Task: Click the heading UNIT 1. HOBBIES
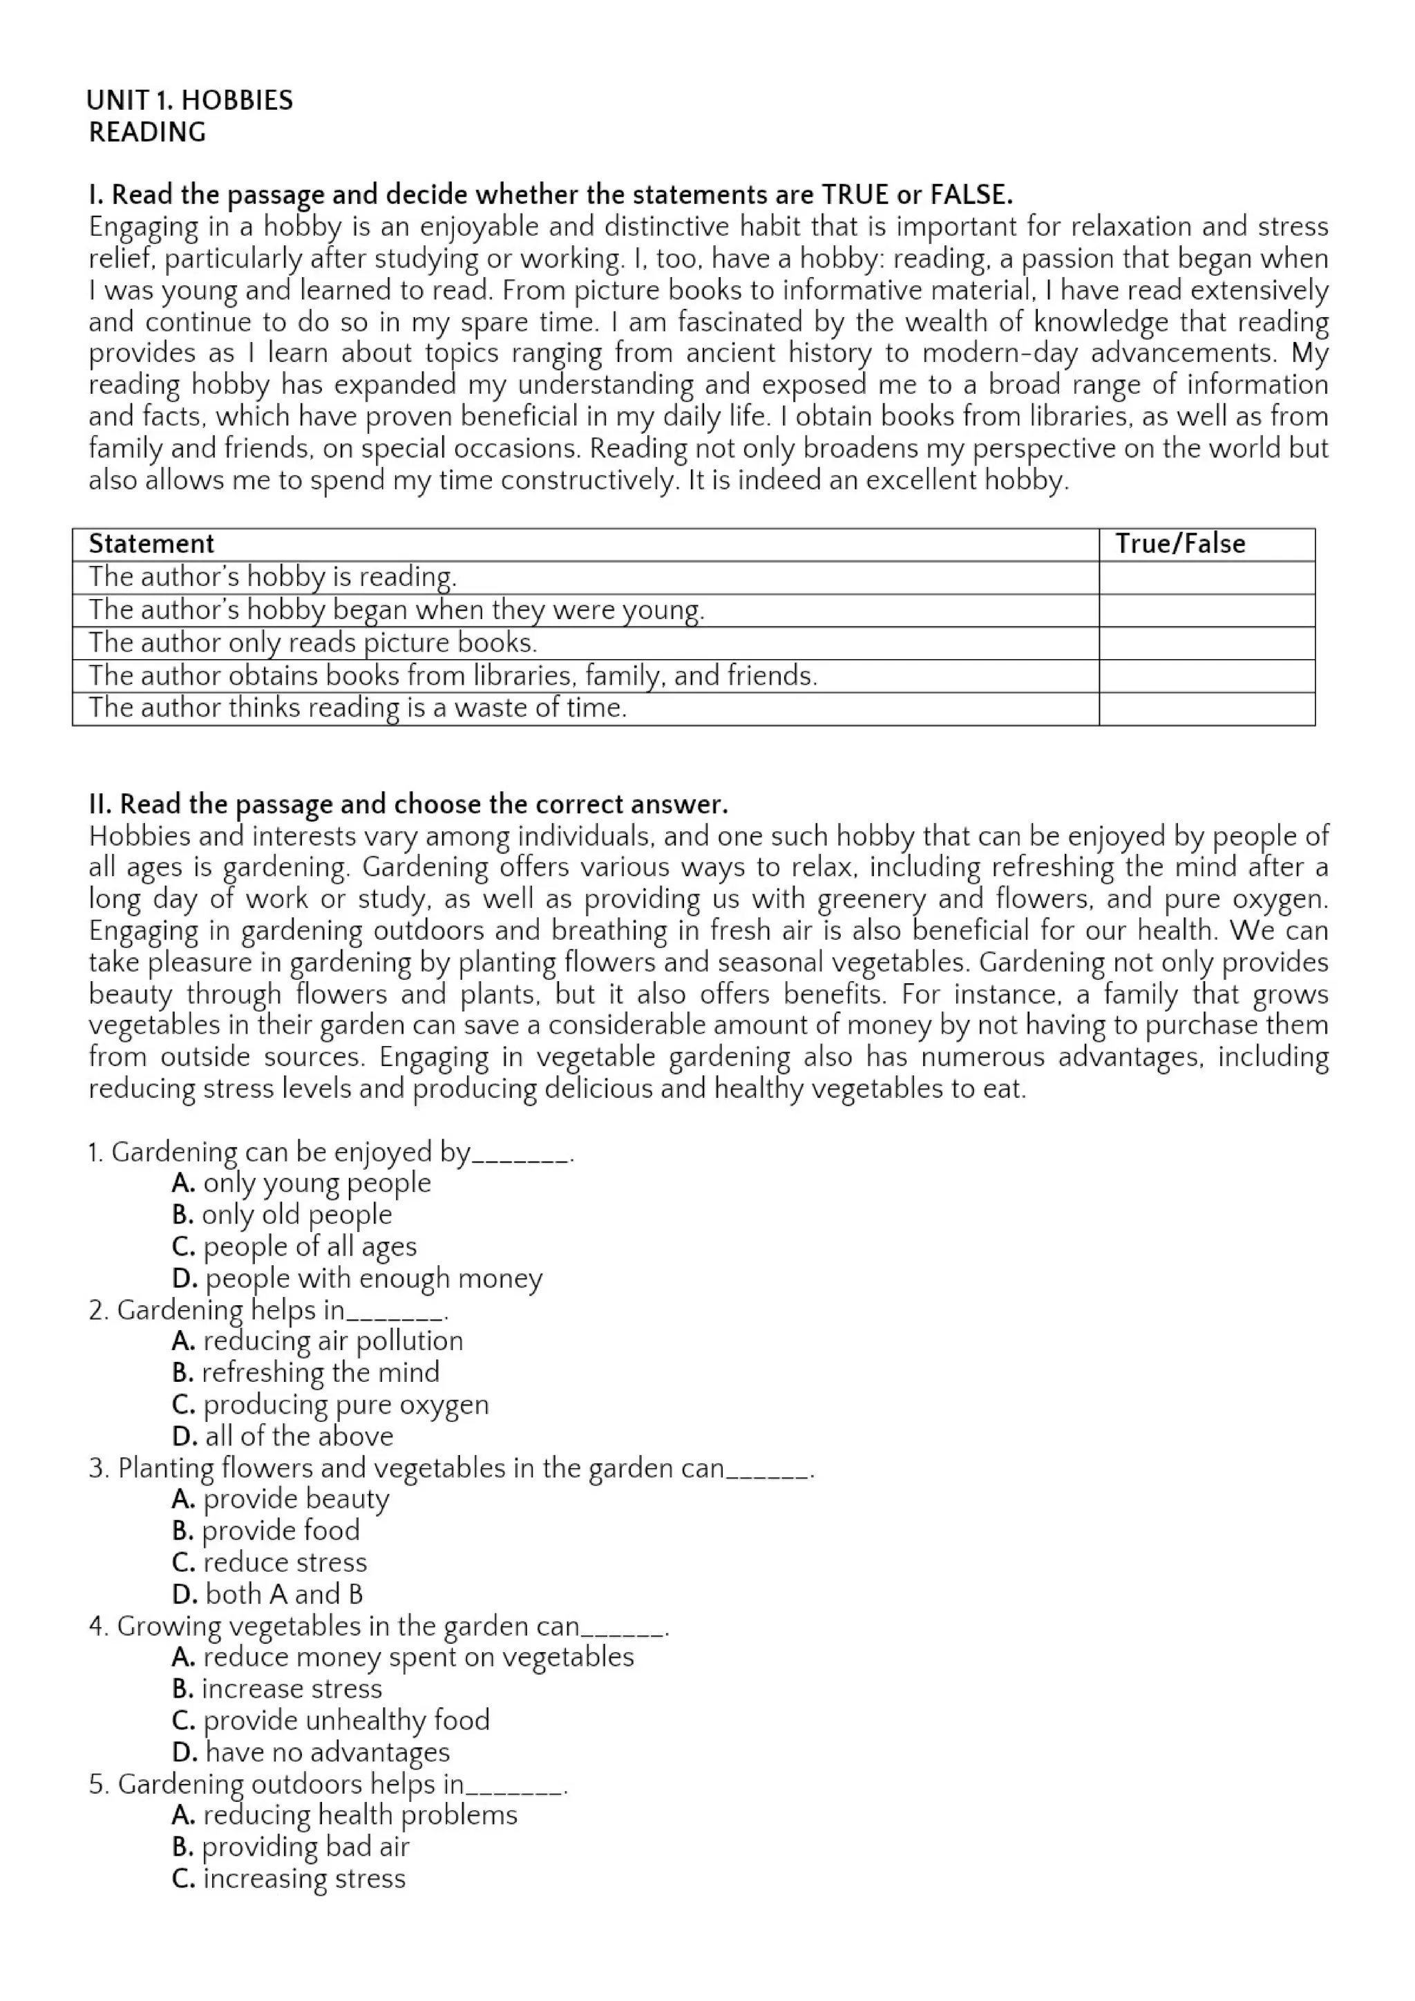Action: (189, 100)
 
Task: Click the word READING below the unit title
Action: (147, 133)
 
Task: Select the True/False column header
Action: (1180, 544)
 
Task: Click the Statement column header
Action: (151, 544)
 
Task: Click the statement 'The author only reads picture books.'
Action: (313, 643)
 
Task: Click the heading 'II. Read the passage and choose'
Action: (407, 804)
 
